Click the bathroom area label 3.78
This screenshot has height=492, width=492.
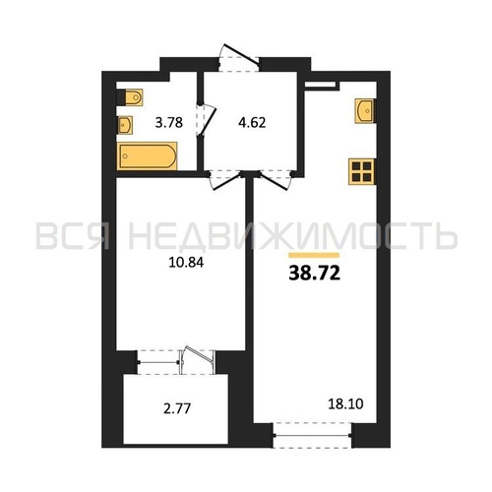coord(169,123)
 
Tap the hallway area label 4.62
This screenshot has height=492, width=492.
coord(252,123)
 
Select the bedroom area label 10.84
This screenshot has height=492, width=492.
coord(186,263)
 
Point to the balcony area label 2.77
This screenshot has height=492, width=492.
coord(177,408)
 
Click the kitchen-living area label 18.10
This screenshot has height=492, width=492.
coord(345,404)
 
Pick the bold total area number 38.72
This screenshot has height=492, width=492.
coord(315,274)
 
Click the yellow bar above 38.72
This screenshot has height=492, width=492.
coord(314,255)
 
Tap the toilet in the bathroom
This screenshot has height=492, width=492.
coord(130,97)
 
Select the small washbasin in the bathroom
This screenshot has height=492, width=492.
coord(125,125)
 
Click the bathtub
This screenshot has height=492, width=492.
coord(147,156)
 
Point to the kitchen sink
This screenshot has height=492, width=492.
coord(365,111)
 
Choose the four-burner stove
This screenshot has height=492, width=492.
coord(362,172)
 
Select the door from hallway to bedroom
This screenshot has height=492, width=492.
coord(225,181)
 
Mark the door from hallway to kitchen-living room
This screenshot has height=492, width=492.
coord(276,181)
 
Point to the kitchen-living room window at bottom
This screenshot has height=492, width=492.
coord(312,435)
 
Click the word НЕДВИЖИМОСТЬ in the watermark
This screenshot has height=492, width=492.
coord(293,236)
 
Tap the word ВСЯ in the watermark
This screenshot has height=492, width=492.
coord(72,236)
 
